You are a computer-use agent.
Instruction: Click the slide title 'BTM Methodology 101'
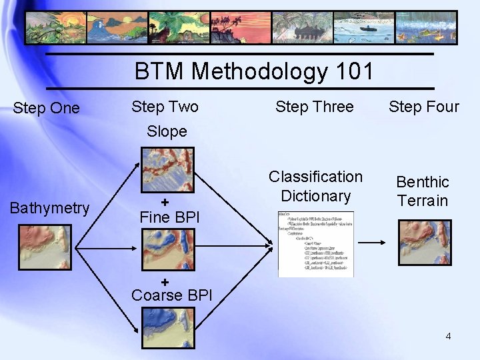[x=254, y=71]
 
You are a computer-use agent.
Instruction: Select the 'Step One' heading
[x=46, y=108]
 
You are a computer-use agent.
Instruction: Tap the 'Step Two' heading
[x=165, y=107]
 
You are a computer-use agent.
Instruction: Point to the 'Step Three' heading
[x=314, y=107]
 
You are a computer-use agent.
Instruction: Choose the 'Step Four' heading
[x=423, y=107]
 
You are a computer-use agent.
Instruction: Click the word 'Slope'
[x=167, y=131]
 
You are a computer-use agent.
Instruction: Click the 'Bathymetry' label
[x=49, y=208]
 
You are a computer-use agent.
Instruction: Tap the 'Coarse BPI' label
[x=171, y=295]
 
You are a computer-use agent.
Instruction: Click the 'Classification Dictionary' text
[x=315, y=186]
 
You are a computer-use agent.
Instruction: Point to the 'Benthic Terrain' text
[x=423, y=191]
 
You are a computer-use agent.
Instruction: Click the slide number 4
[x=448, y=336]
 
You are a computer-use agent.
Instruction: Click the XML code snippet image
[x=315, y=243]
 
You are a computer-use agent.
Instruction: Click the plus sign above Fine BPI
[x=165, y=203]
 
